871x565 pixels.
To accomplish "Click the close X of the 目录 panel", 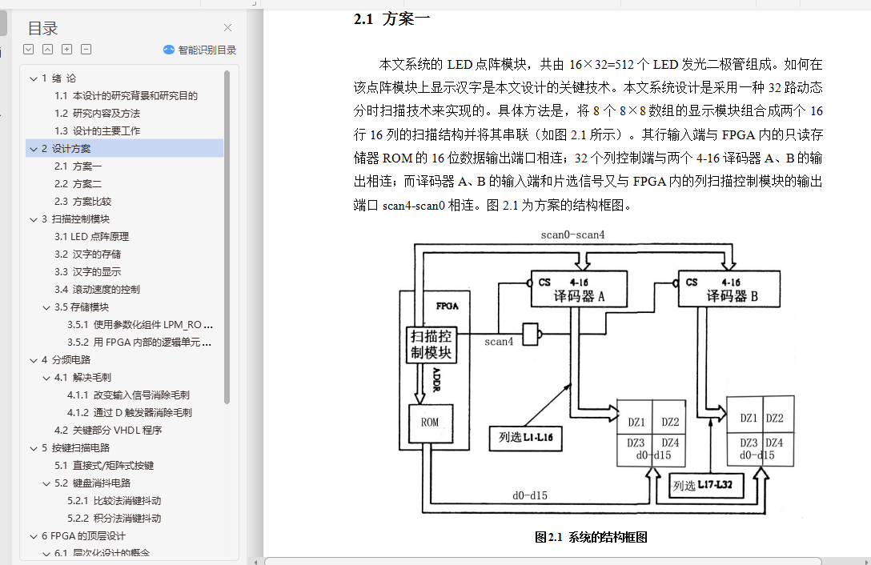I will click(x=228, y=28).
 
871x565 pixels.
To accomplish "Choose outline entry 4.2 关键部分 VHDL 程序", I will click(x=108, y=431).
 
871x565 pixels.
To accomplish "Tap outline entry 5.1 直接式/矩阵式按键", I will click(x=104, y=466).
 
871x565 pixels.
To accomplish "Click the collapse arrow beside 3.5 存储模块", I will click(x=46, y=307).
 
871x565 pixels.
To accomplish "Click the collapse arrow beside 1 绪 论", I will click(x=33, y=78).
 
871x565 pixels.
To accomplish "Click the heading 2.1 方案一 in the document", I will click(x=392, y=19).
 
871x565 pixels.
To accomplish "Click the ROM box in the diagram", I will click(x=430, y=423).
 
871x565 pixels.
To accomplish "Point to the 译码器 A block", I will click(x=579, y=290).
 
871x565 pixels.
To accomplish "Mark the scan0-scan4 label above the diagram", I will click(x=572, y=235).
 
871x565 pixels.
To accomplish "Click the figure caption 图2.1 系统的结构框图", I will click(x=591, y=538).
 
